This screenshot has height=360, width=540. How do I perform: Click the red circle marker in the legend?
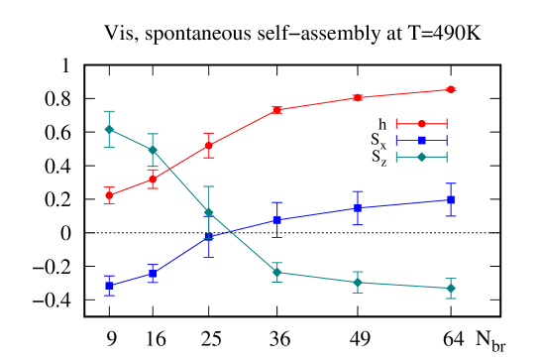(x=421, y=124)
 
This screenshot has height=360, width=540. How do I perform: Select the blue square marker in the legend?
(x=421, y=140)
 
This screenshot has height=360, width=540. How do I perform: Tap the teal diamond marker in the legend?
(x=421, y=157)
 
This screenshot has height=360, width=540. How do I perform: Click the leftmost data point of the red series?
(x=109, y=195)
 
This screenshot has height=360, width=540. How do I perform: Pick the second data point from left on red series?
(x=153, y=180)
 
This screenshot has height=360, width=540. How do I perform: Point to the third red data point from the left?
(x=208, y=146)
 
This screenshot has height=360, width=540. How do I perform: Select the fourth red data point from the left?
(x=277, y=110)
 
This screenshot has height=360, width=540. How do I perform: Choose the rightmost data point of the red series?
(x=451, y=89)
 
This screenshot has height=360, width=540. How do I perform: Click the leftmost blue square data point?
(x=109, y=286)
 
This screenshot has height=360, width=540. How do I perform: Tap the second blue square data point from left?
(x=153, y=274)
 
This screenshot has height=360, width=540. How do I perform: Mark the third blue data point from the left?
(x=208, y=238)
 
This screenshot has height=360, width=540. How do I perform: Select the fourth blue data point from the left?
(x=277, y=219)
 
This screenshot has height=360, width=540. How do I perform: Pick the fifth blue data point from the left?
(x=358, y=207)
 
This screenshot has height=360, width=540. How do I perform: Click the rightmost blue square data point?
(x=451, y=199)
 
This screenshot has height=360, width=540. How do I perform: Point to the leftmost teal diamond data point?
(x=109, y=129)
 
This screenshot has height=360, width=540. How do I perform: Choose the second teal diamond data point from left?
(x=153, y=150)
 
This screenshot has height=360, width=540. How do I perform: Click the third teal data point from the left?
(x=208, y=212)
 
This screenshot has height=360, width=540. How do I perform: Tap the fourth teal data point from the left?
(x=277, y=272)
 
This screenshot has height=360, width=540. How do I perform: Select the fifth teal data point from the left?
(x=358, y=283)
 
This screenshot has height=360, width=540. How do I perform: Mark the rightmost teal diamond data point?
(x=451, y=288)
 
